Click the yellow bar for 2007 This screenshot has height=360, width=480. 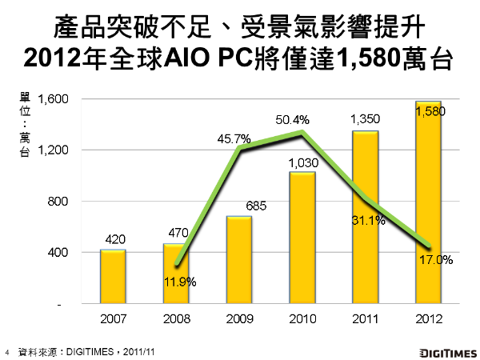(x=113, y=277)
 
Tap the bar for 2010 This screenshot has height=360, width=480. (x=302, y=238)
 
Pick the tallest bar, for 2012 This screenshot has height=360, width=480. (x=429, y=203)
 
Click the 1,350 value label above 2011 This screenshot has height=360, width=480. (x=365, y=120)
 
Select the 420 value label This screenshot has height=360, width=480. (x=114, y=239)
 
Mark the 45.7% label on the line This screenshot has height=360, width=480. (x=234, y=138)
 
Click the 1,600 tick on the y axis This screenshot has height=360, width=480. (x=56, y=99)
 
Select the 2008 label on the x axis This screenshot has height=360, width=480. (x=176, y=319)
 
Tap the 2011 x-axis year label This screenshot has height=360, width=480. (x=365, y=319)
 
